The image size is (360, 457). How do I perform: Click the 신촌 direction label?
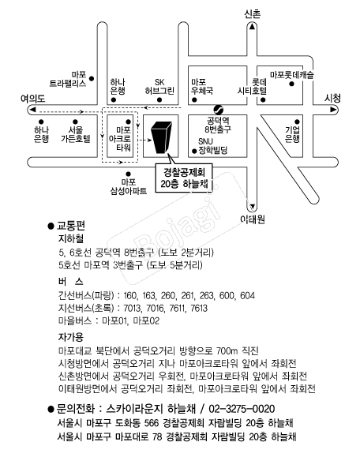coord(253,13)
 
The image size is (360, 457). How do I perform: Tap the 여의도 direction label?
coord(33,98)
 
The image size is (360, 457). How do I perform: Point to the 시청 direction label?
coord(332,98)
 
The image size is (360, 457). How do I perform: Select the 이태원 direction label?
coord(253,219)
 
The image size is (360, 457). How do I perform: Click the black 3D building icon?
coord(161,137)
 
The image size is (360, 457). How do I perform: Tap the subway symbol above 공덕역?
coord(218,110)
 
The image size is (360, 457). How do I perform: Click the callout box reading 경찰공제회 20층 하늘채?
coord(184,178)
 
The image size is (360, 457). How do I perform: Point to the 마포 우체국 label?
coord(202,86)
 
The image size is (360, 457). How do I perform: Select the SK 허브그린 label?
coord(159,86)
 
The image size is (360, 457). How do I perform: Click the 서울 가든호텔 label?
coord(76,134)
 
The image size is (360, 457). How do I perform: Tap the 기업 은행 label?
coord(292,134)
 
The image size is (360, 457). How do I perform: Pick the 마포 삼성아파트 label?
coord(128,186)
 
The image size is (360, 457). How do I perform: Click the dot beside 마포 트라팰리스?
coord(92,78)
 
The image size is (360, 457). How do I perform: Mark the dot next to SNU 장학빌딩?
coord(194,151)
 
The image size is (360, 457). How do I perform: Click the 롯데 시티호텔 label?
coord(253,86)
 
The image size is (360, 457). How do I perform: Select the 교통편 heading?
coord(71,225)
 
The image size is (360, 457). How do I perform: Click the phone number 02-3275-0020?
coord(242,409)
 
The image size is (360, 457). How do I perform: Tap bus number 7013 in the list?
coord(133,308)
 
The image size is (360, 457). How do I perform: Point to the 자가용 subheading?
coord(71,337)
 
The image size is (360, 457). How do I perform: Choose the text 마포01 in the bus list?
coord(114,321)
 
